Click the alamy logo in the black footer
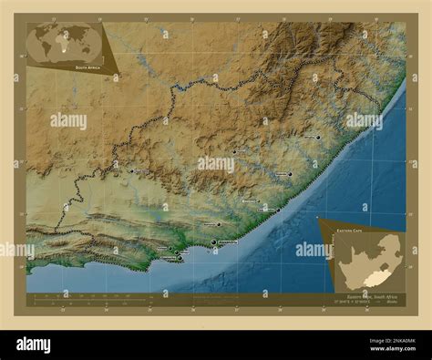(x=35, y=345)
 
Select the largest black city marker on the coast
(x=214, y=242)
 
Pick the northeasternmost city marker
(x=318, y=138)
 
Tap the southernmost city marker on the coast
(x=178, y=259)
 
